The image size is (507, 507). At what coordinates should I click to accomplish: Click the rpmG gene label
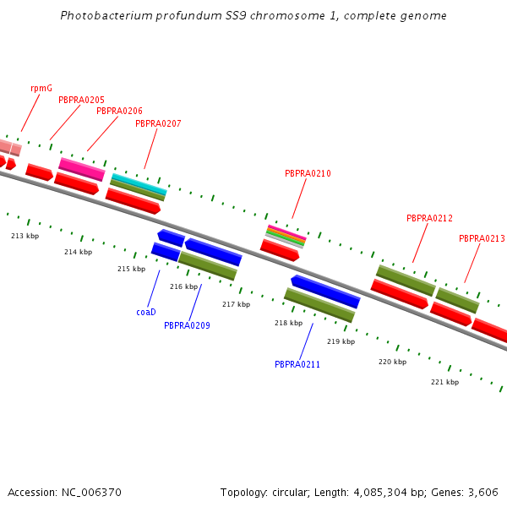41,88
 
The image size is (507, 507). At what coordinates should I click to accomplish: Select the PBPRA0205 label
82,100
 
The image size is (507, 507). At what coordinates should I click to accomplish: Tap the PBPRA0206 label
119,111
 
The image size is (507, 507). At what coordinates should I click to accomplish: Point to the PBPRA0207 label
158,123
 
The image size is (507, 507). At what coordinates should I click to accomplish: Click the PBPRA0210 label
308,173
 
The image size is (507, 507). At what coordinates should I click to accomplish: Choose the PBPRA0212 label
429,218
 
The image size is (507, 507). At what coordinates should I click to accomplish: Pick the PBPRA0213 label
482,238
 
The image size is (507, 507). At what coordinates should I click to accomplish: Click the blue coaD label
146,312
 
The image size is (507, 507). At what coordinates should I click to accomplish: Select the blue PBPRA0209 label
187,325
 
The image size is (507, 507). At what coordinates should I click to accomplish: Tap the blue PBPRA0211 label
297,364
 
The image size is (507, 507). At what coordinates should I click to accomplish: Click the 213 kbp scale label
25,236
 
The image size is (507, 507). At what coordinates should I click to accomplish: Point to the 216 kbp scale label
183,286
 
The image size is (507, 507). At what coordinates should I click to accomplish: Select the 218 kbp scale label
288,323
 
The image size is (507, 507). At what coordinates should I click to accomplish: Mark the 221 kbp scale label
444,382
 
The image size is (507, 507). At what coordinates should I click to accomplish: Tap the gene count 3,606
482,492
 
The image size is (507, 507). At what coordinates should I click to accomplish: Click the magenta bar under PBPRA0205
82,168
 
